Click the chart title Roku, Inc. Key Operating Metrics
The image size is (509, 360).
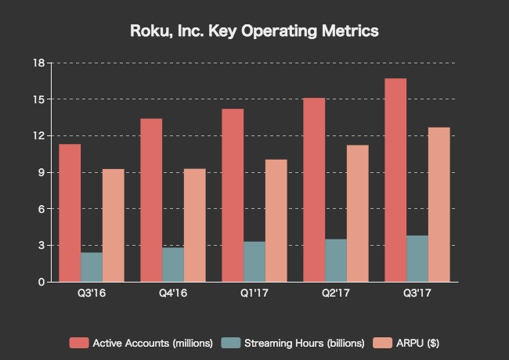(254, 32)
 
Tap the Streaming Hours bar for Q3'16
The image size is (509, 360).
(92, 267)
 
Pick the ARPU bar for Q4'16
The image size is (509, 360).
(195, 225)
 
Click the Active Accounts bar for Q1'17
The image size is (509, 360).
(233, 196)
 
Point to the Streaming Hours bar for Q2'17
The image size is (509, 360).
(336, 261)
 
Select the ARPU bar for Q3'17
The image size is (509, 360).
(439, 204)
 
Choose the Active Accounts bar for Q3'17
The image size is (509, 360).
(395, 180)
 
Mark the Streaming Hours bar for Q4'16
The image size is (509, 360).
(173, 265)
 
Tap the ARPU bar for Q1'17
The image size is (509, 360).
(276, 221)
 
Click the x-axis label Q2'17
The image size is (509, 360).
(335, 294)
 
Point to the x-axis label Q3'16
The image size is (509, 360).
(91, 294)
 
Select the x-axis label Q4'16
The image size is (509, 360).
(172, 294)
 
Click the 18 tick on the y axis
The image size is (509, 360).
(38, 63)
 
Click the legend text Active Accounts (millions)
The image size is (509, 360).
(153, 343)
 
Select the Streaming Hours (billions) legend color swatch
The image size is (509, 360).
(231, 343)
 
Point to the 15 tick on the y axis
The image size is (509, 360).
(38, 99)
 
